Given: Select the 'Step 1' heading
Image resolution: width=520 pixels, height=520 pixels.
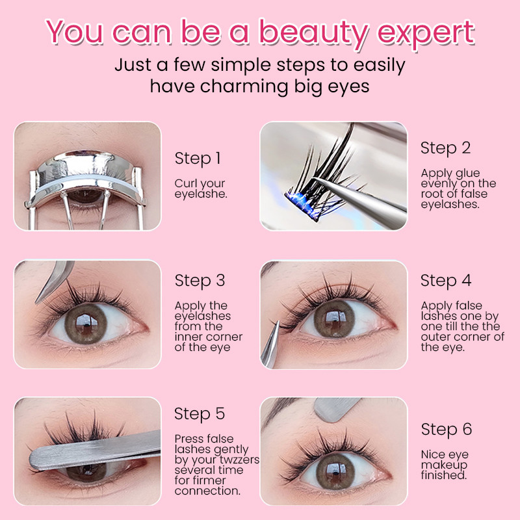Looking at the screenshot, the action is point(198,159).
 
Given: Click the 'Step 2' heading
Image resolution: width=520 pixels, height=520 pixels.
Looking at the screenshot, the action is point(445,148).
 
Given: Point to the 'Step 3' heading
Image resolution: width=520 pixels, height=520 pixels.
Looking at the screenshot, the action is point(200,281).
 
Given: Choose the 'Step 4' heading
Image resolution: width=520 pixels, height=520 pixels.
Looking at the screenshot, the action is point(446,281).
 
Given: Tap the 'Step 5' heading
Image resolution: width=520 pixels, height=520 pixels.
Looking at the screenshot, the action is point(200,414).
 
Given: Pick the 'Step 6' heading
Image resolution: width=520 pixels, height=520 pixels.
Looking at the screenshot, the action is point(447,430).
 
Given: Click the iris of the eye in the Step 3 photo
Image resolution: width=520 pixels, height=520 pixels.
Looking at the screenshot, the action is point(86,323).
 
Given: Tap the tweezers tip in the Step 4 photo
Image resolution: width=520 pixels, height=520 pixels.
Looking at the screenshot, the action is point(278,322).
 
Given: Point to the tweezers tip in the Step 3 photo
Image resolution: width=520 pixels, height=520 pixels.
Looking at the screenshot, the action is point(37,302).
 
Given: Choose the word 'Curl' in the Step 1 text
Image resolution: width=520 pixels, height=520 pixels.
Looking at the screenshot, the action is point(185,183).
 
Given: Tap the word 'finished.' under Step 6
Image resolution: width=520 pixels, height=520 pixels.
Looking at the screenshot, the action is point(444,475).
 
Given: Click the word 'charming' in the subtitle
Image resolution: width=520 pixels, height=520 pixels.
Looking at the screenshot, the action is point(244,87).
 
